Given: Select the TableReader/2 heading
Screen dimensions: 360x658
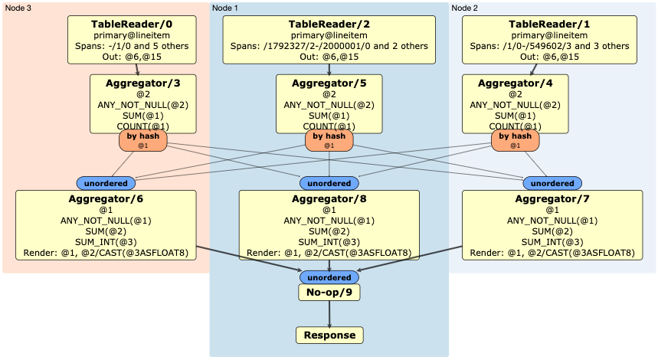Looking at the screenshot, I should [x=329, y=25].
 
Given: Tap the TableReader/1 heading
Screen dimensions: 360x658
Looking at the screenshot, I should [x=517, y=25].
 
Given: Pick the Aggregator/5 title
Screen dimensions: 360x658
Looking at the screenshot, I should [x=329, y=83].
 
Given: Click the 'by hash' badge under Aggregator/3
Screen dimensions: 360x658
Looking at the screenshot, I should [x=142, y=139].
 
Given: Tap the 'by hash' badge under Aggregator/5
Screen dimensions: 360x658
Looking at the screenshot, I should [x=329, y=139].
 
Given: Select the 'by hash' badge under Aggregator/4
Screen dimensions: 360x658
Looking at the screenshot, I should [x=515, y=139].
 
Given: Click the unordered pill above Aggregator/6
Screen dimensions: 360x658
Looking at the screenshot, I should [x=106, y=183].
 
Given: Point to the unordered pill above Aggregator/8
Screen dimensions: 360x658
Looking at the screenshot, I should [x=329, y=184].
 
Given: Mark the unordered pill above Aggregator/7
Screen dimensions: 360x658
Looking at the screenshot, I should [x=552, y=183].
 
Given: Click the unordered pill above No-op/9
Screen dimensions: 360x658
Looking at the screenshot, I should [x=329, y=277].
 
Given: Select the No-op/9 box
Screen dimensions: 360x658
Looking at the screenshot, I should [x=329, y=292].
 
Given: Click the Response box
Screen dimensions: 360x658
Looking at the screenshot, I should [x=329, y=335].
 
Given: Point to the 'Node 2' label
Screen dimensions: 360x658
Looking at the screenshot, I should [x=466, y=8].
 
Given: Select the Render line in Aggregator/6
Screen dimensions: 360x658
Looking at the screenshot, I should [x=105, y=253].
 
